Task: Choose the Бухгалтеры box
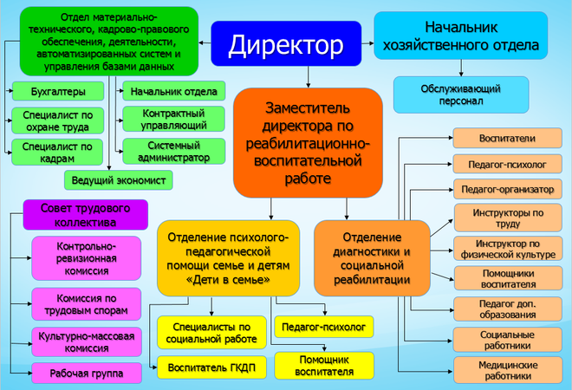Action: [x=56, y=91]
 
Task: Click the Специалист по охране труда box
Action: [x=56, y=119]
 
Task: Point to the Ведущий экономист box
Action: [x=119, y=179]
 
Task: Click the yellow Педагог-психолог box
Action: [x=322, y=326]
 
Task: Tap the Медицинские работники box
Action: [x=508, y=371]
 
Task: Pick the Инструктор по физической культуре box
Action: [x=508, y=249]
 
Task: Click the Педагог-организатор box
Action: [x=508, y=190]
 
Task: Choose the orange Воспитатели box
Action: [x=508, y=138]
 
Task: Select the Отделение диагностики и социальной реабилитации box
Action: [x=372, y=257]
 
